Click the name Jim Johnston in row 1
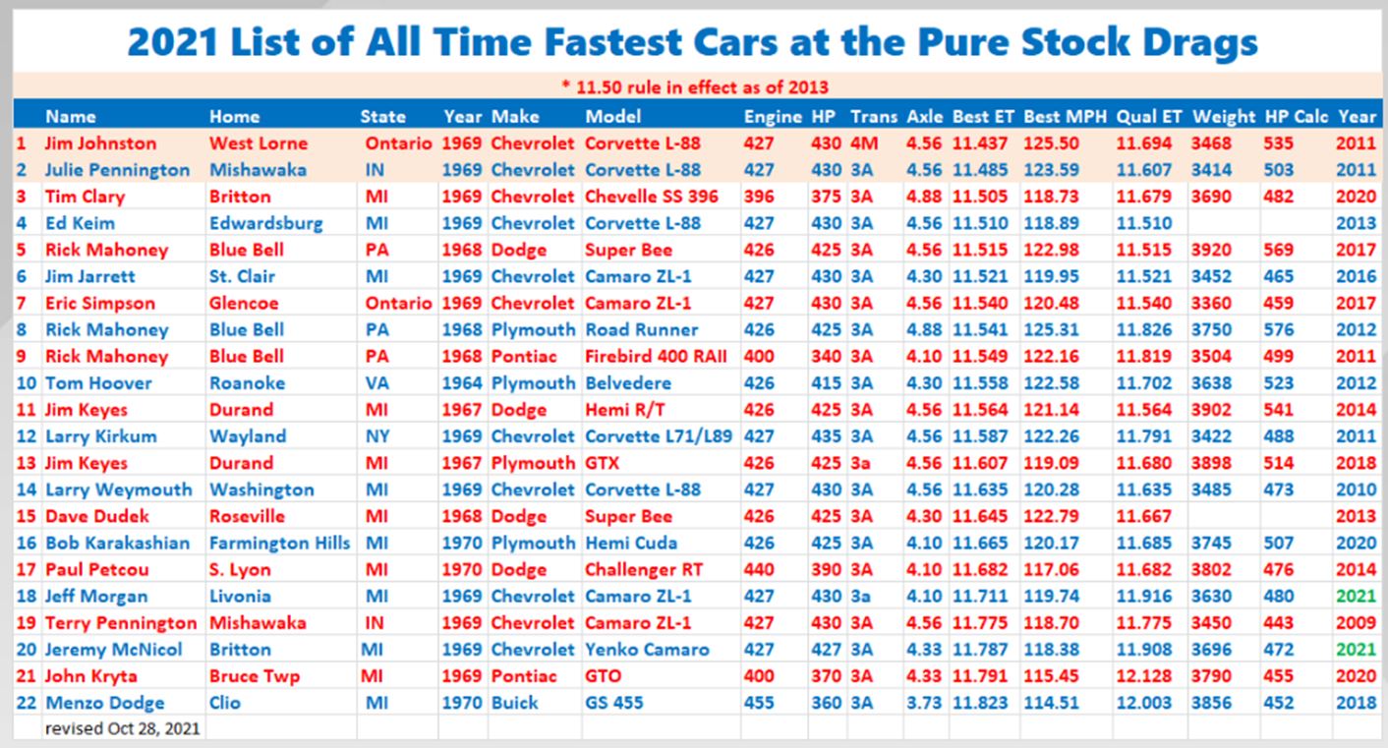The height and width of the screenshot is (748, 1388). tap(100, 144)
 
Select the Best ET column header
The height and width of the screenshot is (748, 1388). tap(984, 117)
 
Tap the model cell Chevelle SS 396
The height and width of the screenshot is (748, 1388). tap(651, 197)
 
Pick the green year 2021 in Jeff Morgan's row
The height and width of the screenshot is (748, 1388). tap(1356, 596)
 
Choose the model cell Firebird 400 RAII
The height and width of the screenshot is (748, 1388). tap(656, 356)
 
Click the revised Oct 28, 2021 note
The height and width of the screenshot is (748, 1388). tap(123, 729)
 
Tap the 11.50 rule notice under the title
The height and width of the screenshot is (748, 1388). tap(694, 86)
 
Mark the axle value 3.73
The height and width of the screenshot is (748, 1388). tap(924, 703)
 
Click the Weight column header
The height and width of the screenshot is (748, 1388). tap(1223, 117)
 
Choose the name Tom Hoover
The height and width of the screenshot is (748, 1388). tap(92, 383)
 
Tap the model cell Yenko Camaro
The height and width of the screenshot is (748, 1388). tap(647, 649)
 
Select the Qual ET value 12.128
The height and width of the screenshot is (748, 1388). tap(1143, 676)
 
